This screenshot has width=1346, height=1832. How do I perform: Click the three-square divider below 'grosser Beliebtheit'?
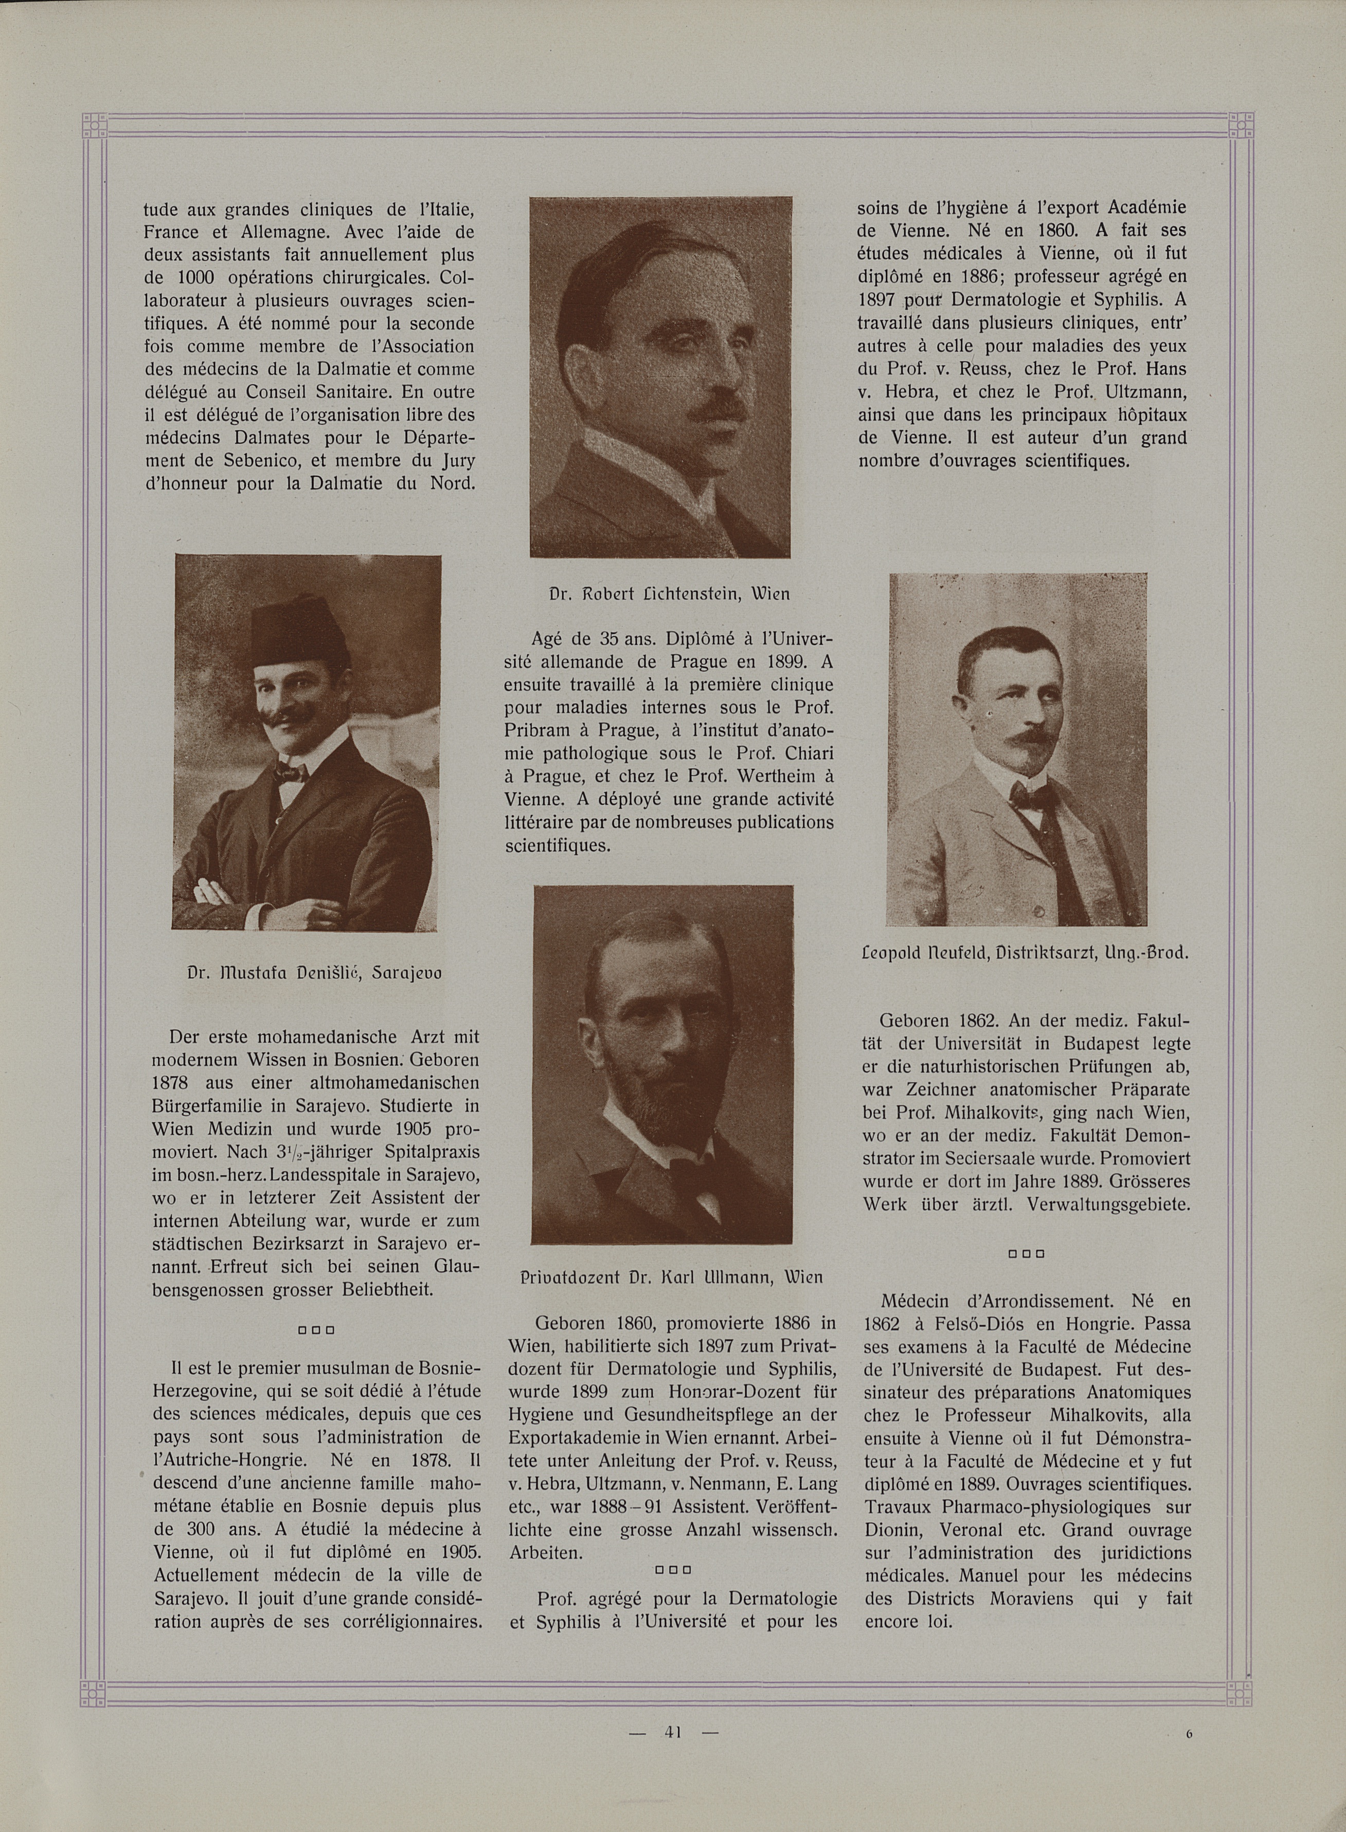pyautogui.click(x=312, y=1330)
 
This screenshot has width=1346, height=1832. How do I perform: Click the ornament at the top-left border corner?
pyautogui.click(x=95, y=127)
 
